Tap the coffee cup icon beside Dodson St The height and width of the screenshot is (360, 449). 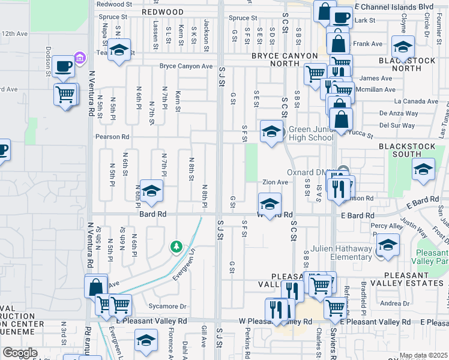(63, 67)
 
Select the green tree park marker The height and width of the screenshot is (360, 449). (176, 247)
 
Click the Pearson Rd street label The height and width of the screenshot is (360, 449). (112, 137)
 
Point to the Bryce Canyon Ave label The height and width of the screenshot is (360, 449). (185, 66)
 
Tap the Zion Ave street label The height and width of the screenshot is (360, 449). (276, 182)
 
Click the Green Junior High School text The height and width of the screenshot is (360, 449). (311, 133)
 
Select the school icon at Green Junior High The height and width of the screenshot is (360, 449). (271, 131)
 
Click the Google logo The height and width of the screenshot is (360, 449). (20, 353)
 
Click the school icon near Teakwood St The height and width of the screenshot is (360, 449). (119, 51)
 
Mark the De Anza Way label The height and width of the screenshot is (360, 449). (397, 113)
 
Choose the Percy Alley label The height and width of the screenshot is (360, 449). (387, 226)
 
